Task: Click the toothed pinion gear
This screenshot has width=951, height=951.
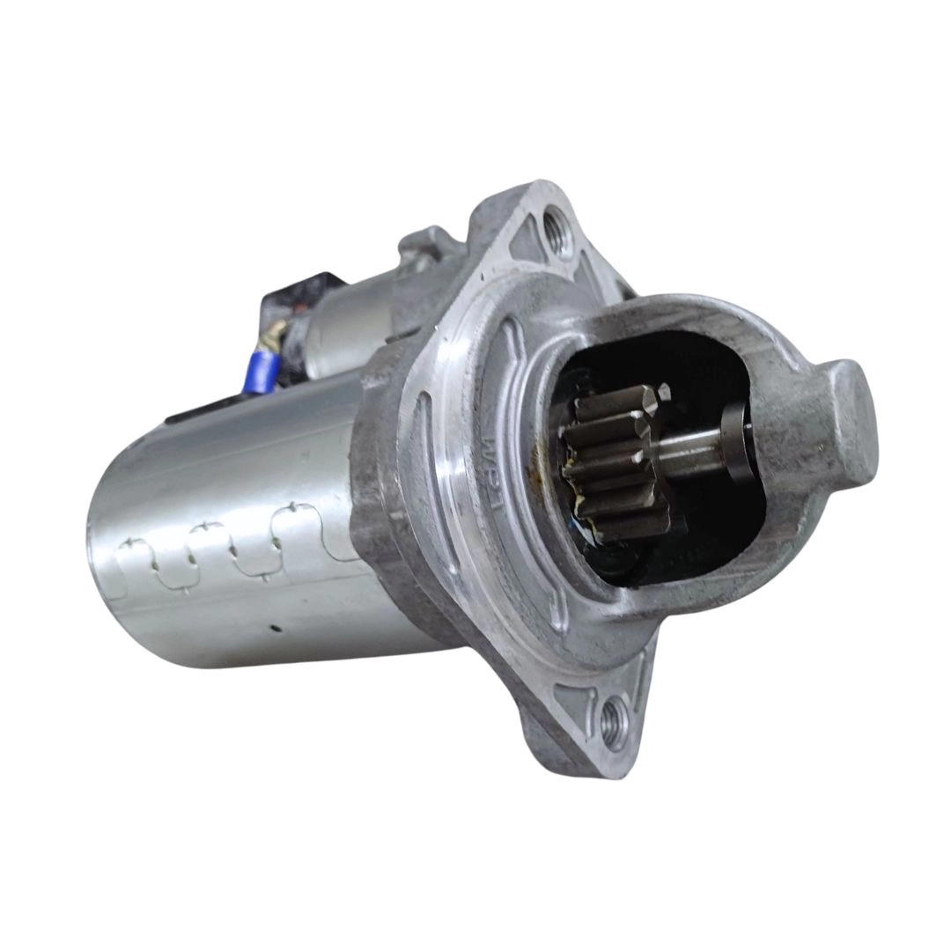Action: (616, 462)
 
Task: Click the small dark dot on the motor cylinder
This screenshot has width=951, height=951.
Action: (276, 628)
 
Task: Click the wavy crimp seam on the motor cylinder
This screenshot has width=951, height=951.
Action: (238, 537)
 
